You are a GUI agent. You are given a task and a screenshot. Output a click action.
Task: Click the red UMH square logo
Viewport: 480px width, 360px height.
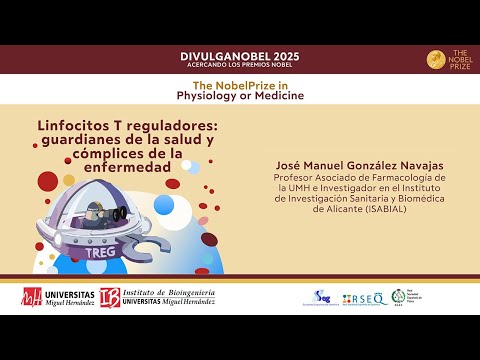[33, 297]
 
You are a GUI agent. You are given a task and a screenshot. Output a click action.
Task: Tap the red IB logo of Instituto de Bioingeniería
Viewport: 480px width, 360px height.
[110, 297]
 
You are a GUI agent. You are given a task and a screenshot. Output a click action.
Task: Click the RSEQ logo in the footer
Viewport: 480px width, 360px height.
[366, 298]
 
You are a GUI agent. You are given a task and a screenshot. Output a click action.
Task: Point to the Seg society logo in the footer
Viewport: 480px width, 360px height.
[322, 297]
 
